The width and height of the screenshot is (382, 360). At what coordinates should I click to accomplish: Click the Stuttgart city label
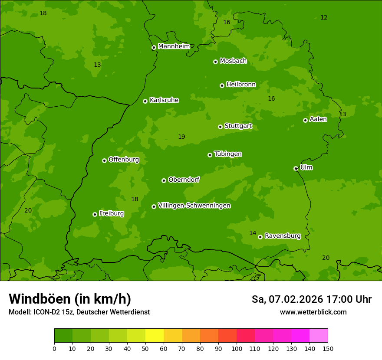pyautogui.click(x=238, y=126)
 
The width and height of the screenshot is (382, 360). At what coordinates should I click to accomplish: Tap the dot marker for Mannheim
pyautogui.click(x=154, y=48)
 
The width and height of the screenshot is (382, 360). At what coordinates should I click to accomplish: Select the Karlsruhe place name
pyautogui.click(x=164, y=100)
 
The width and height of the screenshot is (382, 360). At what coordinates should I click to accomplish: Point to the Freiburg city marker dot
pyautogui.click(x=95, y=214)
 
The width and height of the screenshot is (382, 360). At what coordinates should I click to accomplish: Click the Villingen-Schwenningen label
pyautogui.click(x=194, y=206)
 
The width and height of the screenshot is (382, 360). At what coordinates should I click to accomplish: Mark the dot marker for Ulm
pyautogui.click(x=296, y=168)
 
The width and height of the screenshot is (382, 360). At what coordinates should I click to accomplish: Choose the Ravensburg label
pyautogui.click(x=282, y=236)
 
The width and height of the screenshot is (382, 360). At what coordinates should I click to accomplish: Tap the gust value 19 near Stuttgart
pyautogui.click(x=181, y=137)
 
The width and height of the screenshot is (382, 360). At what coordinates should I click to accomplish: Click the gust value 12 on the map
pyautogui.click(x=324, y=18)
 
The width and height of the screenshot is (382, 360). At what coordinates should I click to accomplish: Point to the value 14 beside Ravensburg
pyautogui.click(x=253, y=233)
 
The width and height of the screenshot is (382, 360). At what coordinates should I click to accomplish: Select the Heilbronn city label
pyautogui.click(x=241, y=85)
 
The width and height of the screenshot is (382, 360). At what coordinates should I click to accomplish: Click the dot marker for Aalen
pyautogui.click(x=305, y=120)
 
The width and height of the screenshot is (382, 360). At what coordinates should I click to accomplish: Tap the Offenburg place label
pyautogui.click(x=124, y=160)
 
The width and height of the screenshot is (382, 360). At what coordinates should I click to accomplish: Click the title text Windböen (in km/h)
pyautogui.click(x=70, y=299)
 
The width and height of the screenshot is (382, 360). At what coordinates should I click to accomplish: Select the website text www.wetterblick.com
pyautogui.click(x=313, y=312)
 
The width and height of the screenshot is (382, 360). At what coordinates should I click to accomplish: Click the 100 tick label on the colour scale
pyautogui.click(x=237, y=348)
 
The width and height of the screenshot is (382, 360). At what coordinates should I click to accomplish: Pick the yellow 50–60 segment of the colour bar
pyautogui.click(x=155, y=336)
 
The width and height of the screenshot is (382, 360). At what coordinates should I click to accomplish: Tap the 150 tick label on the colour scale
pyautogui.click(x=328, y=348)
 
